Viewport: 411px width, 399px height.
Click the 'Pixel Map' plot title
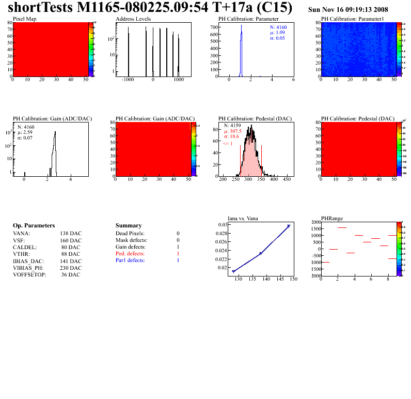(x=25, y=19)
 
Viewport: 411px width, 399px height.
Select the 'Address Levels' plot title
(x=133, y=19)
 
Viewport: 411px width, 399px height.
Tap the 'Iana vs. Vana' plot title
(x=243, y=218)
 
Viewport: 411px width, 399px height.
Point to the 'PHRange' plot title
(x=331, y=218)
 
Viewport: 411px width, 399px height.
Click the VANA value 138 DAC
(x=71, y=234)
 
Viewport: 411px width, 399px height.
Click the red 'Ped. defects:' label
(x=130, y=254)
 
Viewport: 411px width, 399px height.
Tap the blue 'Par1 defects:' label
(x=131, y=260)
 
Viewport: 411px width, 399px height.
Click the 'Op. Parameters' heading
(x=34, y=226)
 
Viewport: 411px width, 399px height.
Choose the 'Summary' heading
(x=129, y=226)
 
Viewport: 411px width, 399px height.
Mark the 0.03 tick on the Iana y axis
(x=222, y=225)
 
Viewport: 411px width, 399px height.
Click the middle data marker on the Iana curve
(x=261, y=253)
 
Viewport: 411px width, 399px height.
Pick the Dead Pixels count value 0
(x=178, y=234)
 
